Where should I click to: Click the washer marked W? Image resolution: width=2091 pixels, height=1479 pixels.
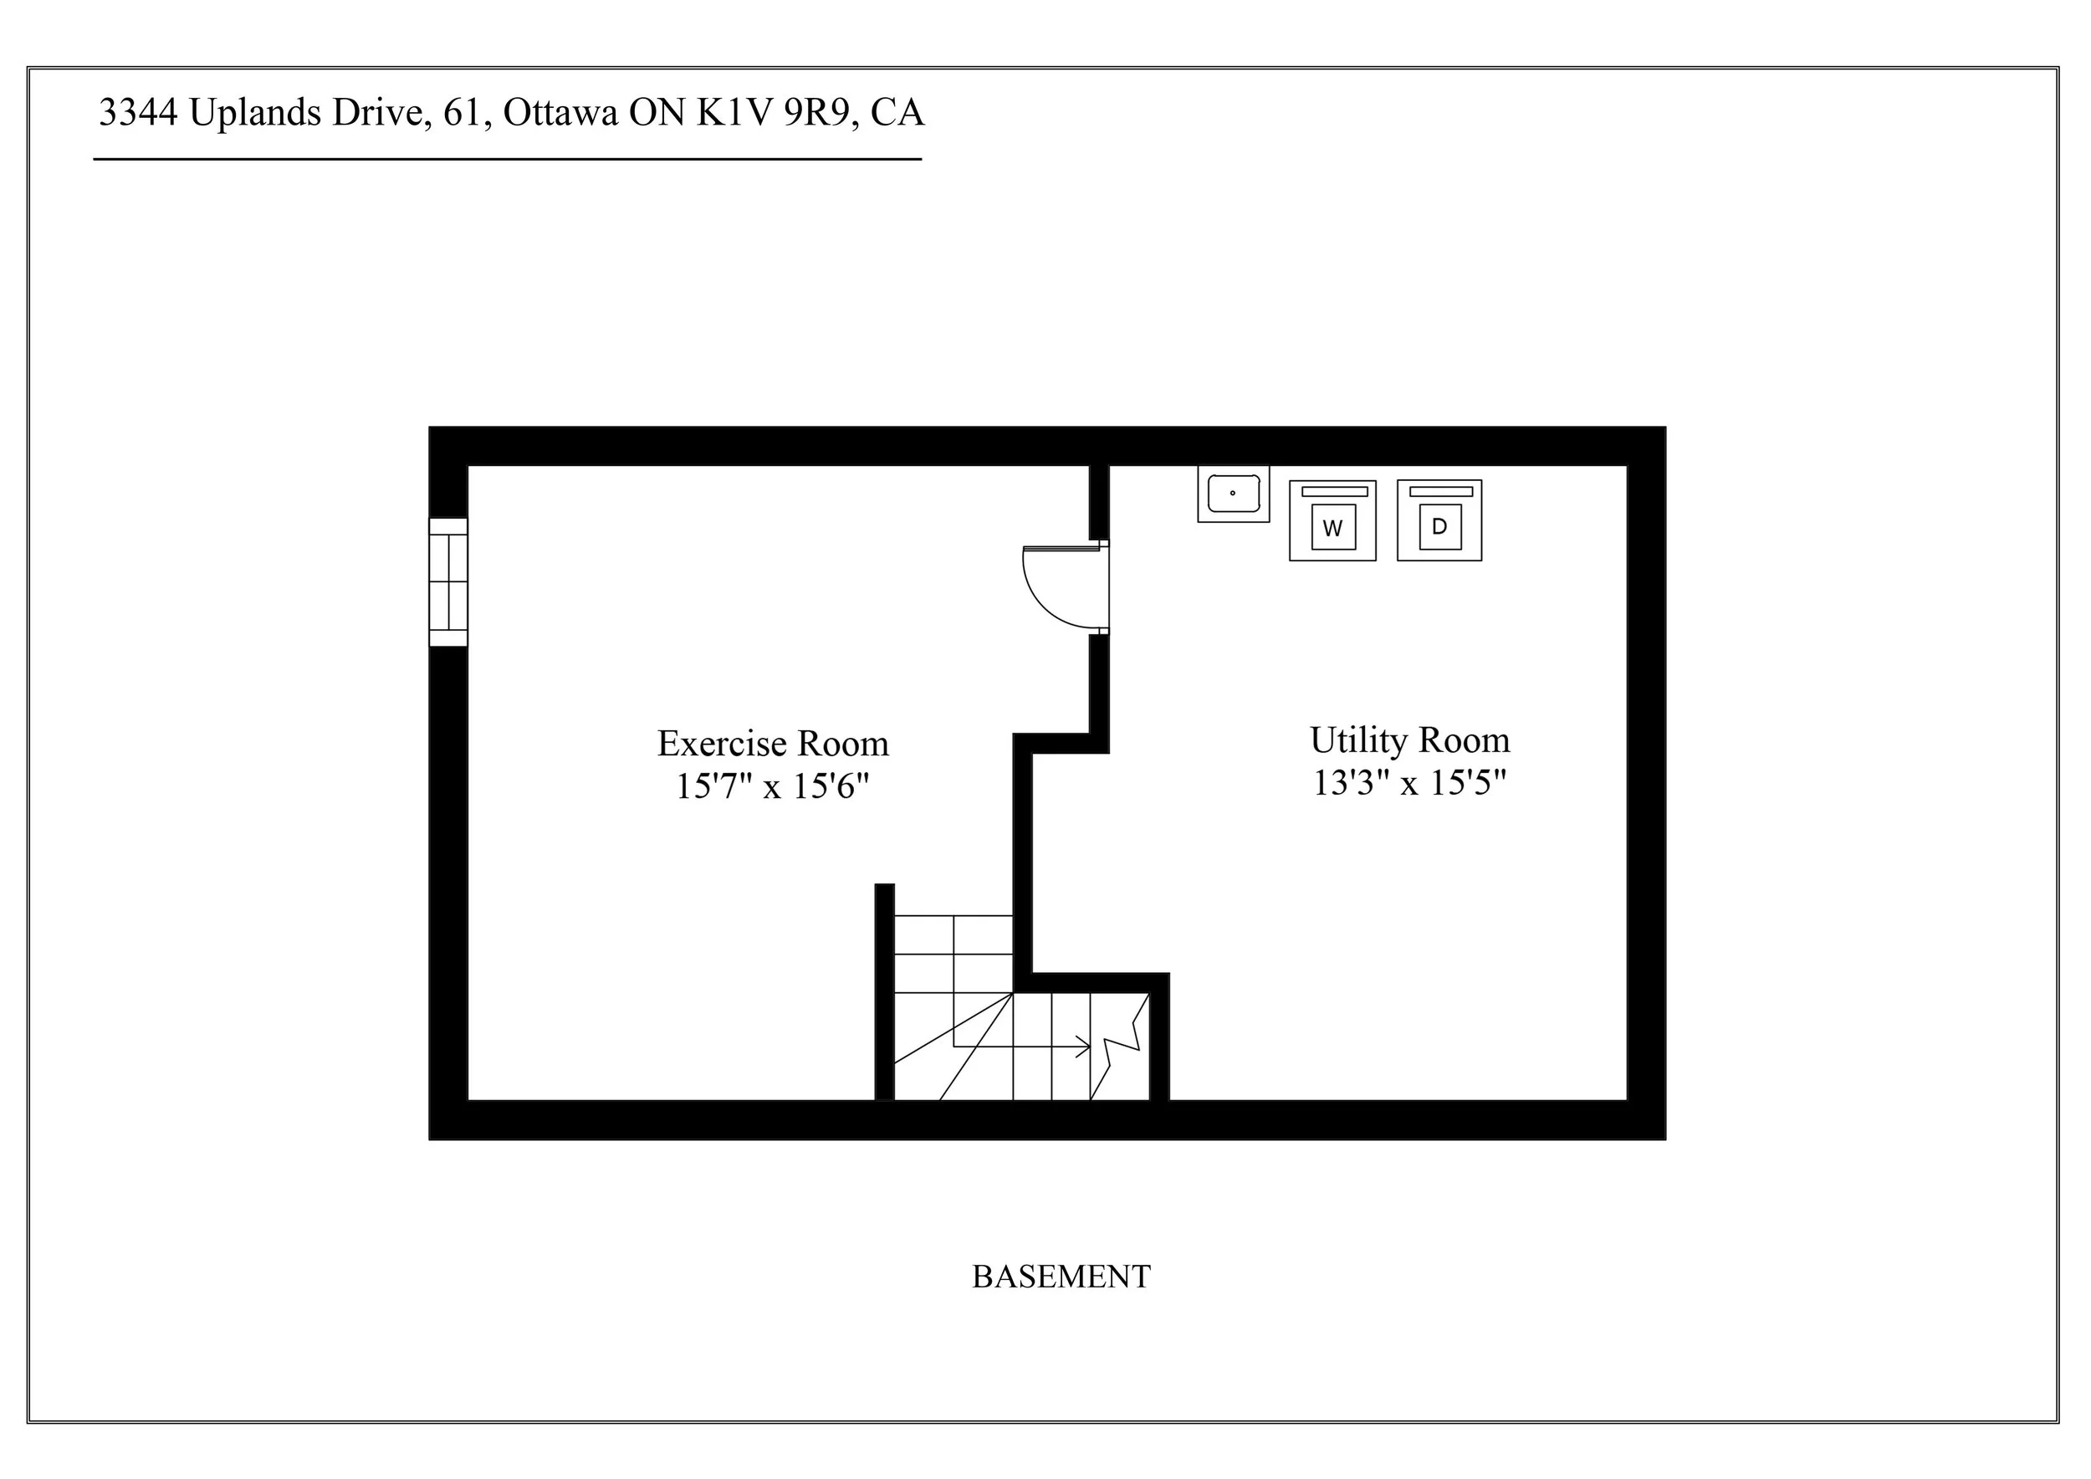tap(1332, 521)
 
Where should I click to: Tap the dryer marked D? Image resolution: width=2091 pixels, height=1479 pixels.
tap(1439, 520)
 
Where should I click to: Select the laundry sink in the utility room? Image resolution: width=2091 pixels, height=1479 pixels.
tap(1233, 494)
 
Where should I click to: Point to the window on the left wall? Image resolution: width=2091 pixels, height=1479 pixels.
tap(448, 582)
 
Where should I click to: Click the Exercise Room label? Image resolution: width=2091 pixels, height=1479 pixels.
tap(772, 744)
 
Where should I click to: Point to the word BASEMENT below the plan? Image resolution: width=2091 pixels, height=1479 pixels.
tap(1061, 1277)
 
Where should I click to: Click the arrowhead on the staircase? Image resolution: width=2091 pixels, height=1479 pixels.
tap(1084, 1047)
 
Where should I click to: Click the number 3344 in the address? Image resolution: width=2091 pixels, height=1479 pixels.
tap(137, 113)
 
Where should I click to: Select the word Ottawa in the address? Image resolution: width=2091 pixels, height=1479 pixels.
tap(560, 113)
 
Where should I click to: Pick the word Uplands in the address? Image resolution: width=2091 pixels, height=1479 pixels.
tap(255, 113)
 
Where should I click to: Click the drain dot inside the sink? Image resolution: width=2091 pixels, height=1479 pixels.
tap(1232, 493)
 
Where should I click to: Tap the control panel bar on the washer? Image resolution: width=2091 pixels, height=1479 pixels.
tap(1333, 492)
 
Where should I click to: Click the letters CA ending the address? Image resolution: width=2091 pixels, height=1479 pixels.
tap(897, 113)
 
